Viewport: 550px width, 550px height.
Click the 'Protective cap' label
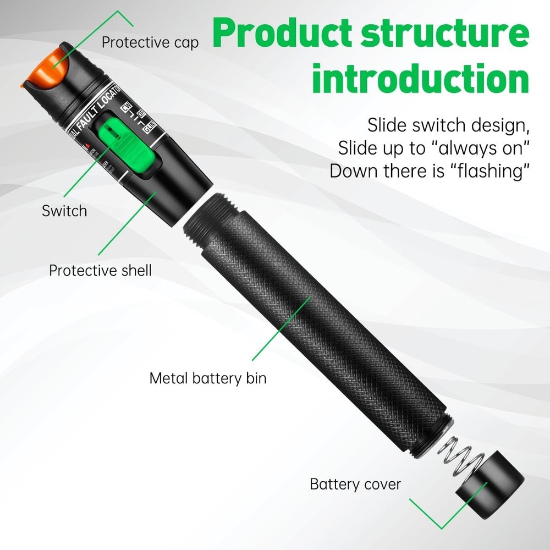150,42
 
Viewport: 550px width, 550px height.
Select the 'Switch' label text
64,211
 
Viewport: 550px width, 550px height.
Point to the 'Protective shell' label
100,271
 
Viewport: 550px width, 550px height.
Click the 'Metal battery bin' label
208,378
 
